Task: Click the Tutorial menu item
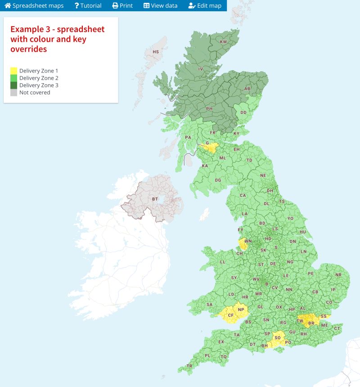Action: point(88,6)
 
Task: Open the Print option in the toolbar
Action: point(122,6)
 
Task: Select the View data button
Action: point(160,6)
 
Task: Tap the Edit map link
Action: point(205,6)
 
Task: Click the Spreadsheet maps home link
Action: point(34,6)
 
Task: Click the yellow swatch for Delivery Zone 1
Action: point(14,71)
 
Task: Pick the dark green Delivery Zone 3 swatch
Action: point(14,85)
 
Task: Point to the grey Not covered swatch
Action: point(14,92)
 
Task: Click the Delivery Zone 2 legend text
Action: point(39,78)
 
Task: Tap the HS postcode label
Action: point(156,52)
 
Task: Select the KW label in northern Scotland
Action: point(223,42)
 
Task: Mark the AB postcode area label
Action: point(247,89)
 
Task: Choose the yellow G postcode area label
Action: point(207,143)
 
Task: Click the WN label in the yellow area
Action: point(247,241)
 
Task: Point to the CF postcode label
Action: point(231,315)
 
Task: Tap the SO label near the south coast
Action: point(278,338)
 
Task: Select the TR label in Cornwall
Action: point(189,366)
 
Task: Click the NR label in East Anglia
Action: point(338,275)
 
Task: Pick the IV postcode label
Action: point(201,69)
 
